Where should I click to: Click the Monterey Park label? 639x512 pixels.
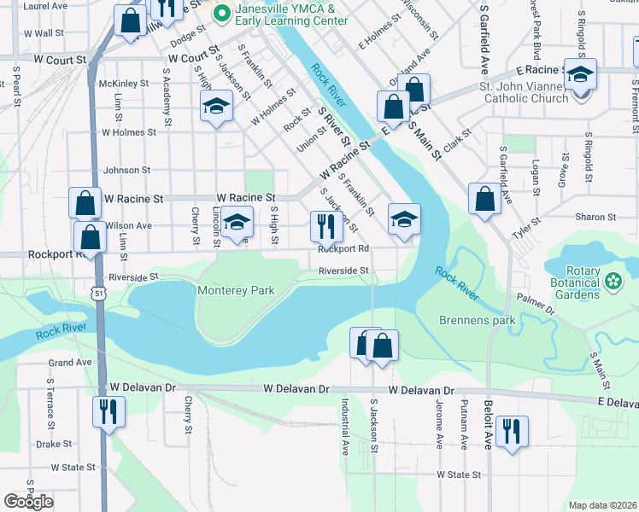tap(236, 290)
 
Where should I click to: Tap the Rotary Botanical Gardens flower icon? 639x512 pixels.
tap(613, 280)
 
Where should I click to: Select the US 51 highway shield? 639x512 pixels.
tap(100, 293)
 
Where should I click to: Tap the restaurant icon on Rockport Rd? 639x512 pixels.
tap(326, 226)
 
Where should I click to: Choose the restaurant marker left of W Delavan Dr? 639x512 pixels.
tap(108, 411)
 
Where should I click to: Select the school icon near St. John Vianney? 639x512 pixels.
tap(580, 75)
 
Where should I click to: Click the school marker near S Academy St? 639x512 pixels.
tap(216, 107)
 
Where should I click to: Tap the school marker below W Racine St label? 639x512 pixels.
tap(237, 222)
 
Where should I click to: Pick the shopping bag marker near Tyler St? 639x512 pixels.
tap(484, 200)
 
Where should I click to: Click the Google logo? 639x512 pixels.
tap(28, 502)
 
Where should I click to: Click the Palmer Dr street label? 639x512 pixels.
tap(535, 305)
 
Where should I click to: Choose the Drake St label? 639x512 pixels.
tap(54, 444)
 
